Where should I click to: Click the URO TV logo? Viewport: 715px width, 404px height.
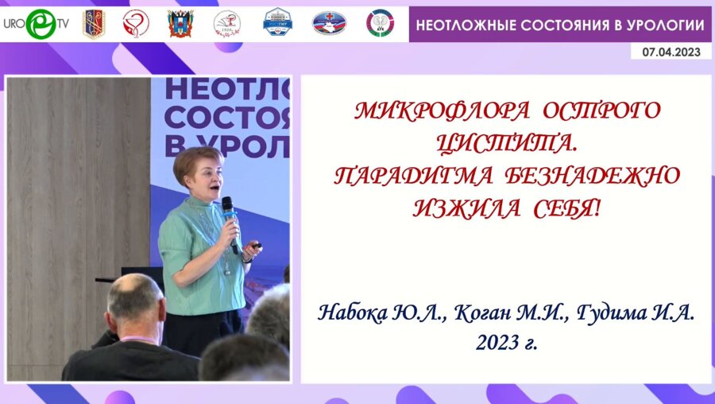coord(35,24)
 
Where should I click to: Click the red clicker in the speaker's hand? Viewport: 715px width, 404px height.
coord(256,247)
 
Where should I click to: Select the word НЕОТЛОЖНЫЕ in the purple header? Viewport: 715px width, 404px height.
coord(465,25)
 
